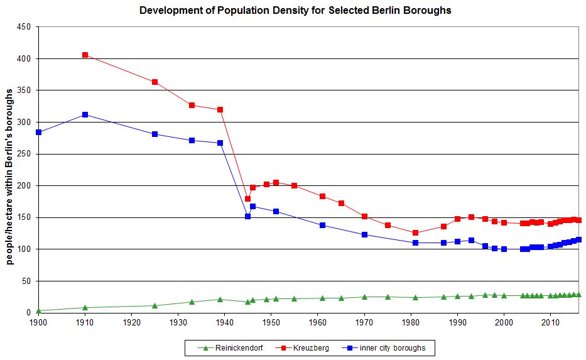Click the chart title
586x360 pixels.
(295, 11)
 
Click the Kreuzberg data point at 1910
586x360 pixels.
(85, 55)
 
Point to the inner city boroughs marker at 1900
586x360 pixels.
(38, 133)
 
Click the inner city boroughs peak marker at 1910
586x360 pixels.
(85, 114)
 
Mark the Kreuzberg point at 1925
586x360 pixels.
(155, 82)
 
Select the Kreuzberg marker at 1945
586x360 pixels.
(247, 199)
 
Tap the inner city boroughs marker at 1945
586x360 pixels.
(247, 216)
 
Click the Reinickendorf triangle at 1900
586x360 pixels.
(38, 310)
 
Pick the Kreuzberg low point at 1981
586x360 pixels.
(415, 232)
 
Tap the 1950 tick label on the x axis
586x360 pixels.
(271, 322)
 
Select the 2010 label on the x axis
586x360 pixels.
(550, 322)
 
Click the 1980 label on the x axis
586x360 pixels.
(411, 322)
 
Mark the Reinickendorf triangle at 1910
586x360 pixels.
(85, 307)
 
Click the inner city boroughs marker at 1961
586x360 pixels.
(322, 225)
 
